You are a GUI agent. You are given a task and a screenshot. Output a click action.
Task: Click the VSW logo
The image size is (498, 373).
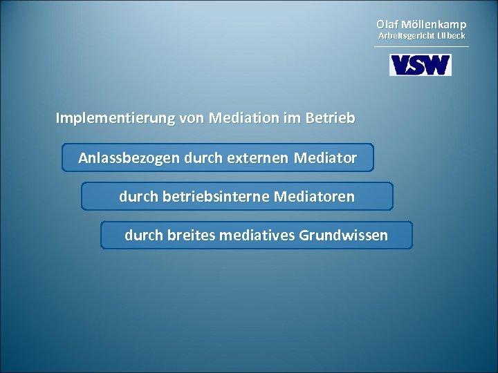(x=421, y=64)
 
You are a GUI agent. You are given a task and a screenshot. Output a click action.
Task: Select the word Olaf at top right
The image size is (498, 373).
(x=388, y=25)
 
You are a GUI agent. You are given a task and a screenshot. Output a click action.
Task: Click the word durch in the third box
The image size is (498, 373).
(x=143, y=236)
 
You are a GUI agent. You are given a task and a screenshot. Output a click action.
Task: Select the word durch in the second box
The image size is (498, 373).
(x=138, y=198)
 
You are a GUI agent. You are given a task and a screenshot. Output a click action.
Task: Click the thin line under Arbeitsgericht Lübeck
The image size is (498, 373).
(x=421, y=46)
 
